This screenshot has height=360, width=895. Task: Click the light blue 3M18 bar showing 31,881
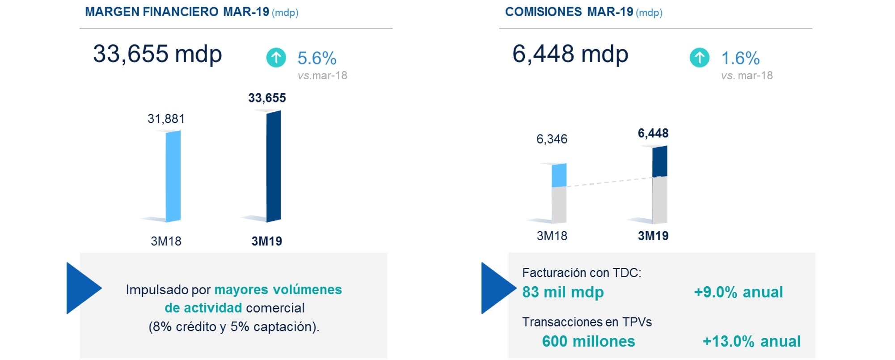pos(173,176)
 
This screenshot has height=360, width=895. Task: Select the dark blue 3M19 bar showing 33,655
pos(274,166)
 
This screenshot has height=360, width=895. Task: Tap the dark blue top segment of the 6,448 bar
pos(660,161)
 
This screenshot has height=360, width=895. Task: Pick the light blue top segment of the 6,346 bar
pos(559,175)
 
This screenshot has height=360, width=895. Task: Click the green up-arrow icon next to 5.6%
pos(276,58)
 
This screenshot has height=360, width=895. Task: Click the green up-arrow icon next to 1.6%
pos(699,58)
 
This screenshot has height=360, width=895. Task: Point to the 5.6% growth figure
pos(317,58)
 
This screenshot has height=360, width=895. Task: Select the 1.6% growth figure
pos(740,58)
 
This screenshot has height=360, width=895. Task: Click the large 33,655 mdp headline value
pos(157,54)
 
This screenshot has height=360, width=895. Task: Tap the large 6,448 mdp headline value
pos(570,54)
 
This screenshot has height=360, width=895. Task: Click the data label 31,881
pos(166,119)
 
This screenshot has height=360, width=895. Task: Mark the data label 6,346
pos(552,139)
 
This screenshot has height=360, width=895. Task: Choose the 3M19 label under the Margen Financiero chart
pos(266,241)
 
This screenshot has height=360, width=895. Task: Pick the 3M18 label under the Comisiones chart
pos(552,236)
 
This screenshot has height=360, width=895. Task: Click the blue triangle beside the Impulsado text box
pos(82,288)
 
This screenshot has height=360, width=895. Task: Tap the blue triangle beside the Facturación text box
pos(497,288)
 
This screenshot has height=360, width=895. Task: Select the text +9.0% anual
pos(738,292)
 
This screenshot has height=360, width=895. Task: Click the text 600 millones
pos(588,341)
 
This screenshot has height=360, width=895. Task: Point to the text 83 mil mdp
pos(563,292)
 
